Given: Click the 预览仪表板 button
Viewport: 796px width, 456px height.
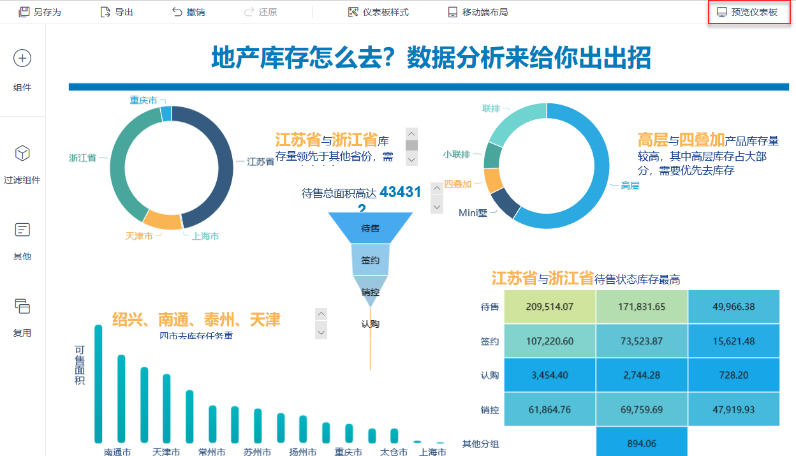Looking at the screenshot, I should click(749, 12).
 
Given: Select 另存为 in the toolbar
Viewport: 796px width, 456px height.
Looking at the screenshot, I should click(40, 12).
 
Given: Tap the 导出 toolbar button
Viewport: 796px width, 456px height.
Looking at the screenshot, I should click(117, 12).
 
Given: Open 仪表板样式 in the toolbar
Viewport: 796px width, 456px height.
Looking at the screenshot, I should click(378, 12).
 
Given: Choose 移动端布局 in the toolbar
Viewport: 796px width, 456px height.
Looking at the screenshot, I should click(478, 12).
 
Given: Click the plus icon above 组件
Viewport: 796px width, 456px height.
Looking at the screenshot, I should click(22, 58).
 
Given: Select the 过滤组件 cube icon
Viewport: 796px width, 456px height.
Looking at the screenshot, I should click(22, 154).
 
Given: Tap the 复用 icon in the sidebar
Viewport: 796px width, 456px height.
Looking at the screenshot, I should click(22, 306).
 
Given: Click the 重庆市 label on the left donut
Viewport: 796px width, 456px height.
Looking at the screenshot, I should click(144, 100).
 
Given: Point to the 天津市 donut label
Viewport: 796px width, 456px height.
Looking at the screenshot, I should click(139, 236).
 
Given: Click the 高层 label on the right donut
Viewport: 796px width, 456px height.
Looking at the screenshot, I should click(630, 186).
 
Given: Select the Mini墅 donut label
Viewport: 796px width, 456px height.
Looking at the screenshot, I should click(473, 213).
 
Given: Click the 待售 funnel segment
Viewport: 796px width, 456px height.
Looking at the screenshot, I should click(371, 228).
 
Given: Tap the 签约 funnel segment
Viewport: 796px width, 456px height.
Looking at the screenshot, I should click(371, 260).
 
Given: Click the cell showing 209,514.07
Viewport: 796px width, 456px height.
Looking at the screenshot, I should click(550, 307).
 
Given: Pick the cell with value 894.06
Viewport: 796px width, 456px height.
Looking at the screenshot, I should click(642, 443).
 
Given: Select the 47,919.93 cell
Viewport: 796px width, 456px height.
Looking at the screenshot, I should click(733, 409).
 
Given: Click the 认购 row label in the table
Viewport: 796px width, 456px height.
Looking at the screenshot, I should click(490, 375).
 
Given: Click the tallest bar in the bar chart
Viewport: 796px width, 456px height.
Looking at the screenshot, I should click(98, 383).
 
